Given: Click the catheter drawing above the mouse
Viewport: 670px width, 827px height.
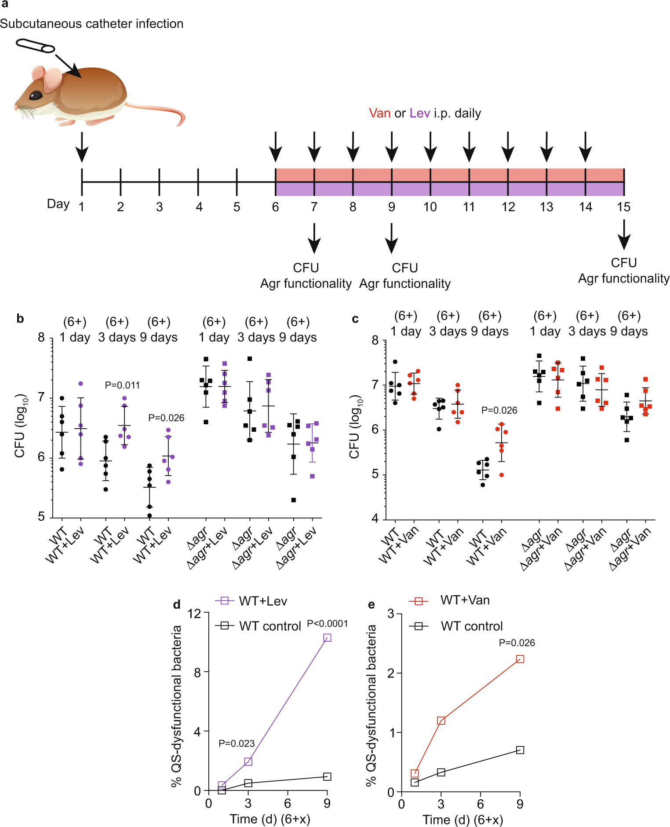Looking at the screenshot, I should [35, 46].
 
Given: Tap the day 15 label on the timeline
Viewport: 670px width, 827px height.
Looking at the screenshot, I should [623, 207].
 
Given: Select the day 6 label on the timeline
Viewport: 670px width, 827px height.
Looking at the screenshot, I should [275, 207].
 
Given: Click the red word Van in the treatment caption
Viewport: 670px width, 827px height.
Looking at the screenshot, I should [379, 114].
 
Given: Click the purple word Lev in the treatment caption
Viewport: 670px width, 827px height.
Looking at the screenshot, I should [419, 114].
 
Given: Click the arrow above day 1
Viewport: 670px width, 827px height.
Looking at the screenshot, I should [82, 147].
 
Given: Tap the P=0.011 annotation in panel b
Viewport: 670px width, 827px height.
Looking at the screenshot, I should [122, 385].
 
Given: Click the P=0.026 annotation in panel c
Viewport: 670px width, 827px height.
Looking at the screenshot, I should [499, 410].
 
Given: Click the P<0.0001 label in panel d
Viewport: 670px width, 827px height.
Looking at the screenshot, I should [327, 624].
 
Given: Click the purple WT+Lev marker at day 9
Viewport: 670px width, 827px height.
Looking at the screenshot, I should [327, 638].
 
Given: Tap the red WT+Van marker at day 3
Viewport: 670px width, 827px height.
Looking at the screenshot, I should [441, 720].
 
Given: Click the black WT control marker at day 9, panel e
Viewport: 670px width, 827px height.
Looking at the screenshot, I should [520, 750].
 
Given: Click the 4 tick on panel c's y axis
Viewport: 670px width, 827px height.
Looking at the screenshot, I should [375, 518].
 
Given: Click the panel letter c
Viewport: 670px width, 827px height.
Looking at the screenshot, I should [355, 319].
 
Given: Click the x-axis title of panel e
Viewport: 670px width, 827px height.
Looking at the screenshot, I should [462, 820].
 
